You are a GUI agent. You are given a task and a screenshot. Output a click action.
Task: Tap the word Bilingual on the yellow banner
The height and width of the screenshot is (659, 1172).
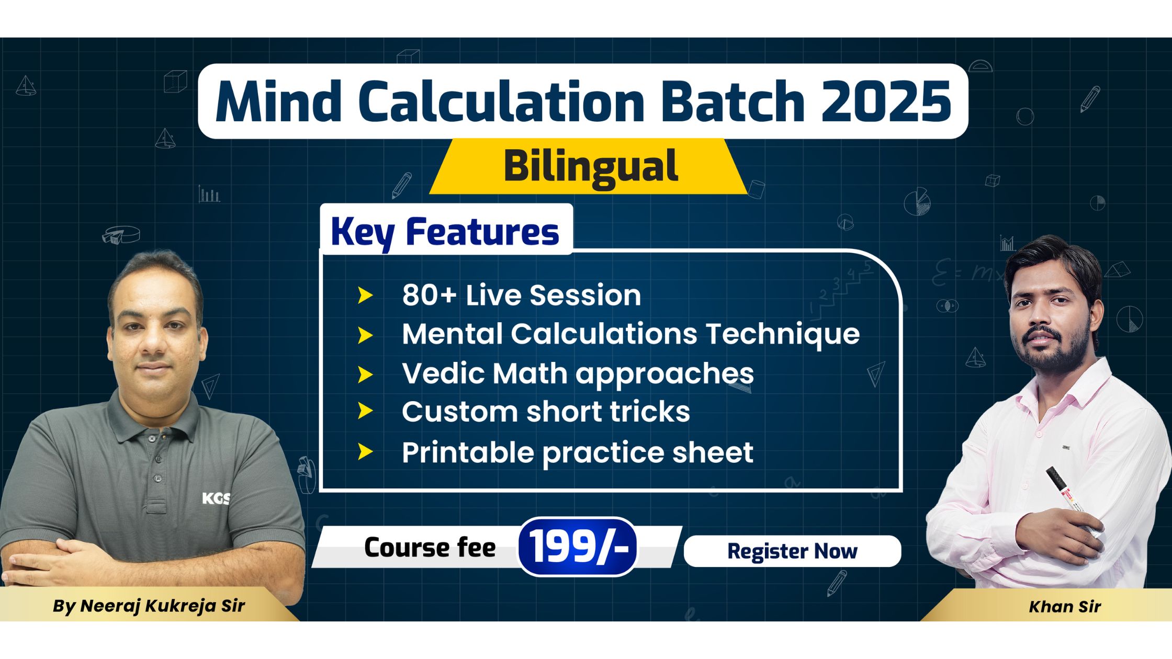point(591,166)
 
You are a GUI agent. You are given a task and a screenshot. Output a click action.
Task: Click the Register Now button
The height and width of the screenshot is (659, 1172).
point(792,551)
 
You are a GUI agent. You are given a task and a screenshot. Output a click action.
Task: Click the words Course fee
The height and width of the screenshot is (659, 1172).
point(430,548)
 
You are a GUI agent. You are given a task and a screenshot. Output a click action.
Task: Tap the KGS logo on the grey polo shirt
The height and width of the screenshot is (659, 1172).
point(216,498)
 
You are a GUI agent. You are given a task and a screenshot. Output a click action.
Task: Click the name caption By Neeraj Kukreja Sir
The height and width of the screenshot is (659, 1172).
point(149,606)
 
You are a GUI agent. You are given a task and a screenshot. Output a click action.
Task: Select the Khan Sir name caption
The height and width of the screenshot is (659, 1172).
point(1064,606)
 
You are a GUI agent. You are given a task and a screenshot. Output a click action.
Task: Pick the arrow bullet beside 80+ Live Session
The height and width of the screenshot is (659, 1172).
point(365,296)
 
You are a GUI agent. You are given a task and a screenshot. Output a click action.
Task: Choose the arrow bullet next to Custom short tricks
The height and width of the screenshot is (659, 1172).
point(365,412)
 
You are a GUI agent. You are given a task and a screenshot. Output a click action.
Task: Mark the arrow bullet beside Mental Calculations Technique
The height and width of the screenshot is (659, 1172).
point(365,335)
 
